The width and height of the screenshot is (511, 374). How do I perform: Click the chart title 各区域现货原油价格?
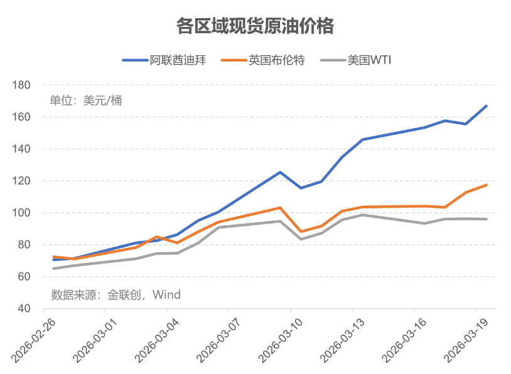[x=255, y=26]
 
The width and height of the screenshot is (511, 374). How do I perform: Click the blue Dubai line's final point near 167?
[x=486, y=106]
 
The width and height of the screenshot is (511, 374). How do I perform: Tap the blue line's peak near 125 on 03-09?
[x=280, y=172]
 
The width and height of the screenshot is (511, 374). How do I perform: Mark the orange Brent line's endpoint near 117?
[x=486, y=185]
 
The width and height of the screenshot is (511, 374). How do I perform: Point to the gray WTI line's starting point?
[x=54, y=269]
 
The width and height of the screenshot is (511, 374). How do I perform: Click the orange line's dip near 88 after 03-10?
[x=301, y=232]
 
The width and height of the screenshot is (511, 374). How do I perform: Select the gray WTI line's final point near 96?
[x=486, y=219]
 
